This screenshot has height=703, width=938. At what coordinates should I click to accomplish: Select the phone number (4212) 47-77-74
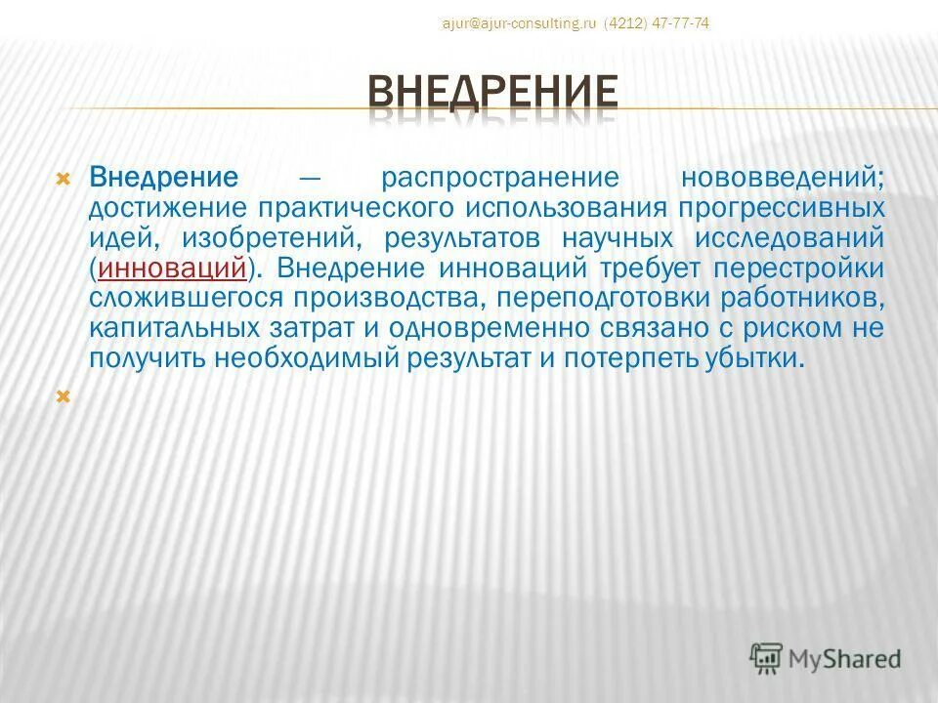[657, 23]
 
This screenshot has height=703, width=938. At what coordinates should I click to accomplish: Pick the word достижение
[166, 208]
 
